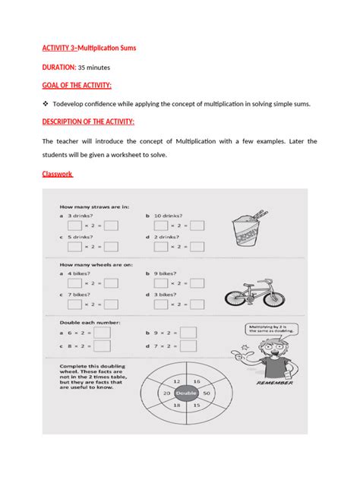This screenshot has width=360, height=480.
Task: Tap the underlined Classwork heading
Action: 57,174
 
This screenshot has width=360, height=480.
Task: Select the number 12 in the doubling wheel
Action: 176,380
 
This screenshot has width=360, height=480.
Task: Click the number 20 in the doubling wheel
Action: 167,394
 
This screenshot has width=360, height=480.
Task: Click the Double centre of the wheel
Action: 187,394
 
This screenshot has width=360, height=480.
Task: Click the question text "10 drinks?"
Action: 170,216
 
